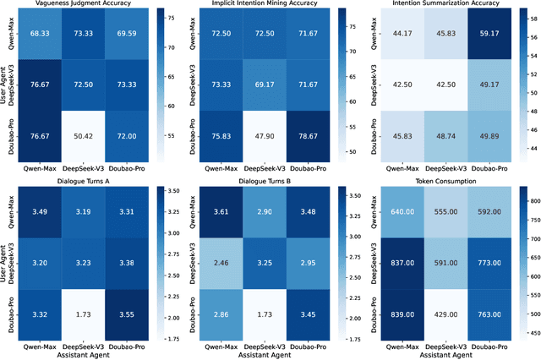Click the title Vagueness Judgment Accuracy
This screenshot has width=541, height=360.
click(89, 5)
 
